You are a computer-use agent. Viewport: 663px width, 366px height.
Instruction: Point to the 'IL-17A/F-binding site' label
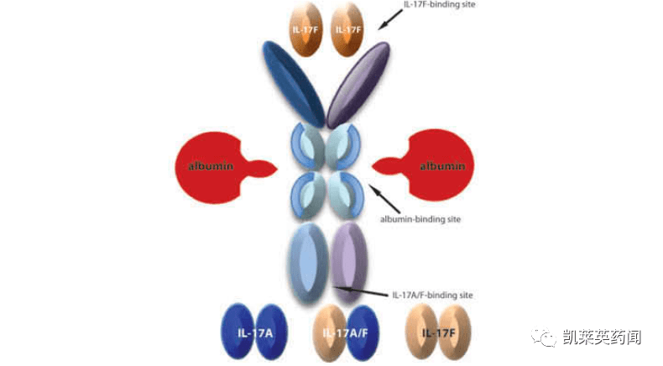[x=432, y=295]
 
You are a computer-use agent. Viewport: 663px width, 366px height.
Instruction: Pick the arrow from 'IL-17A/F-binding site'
[x=361, y=292]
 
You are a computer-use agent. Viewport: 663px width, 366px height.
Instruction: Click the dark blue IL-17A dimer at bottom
[x=253, y=332]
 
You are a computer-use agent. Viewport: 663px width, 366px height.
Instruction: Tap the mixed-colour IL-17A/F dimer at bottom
[x=344, y=332]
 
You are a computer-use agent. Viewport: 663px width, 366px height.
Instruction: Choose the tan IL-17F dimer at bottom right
[x=438, y=332]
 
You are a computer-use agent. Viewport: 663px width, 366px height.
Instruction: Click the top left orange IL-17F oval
[x=307, y=30]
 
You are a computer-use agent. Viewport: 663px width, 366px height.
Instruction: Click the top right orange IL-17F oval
[x=350, y=30]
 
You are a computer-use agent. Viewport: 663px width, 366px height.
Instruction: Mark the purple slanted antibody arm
[x=359, y=84]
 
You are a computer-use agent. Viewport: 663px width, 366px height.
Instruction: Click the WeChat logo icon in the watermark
[x=548, y=337]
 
